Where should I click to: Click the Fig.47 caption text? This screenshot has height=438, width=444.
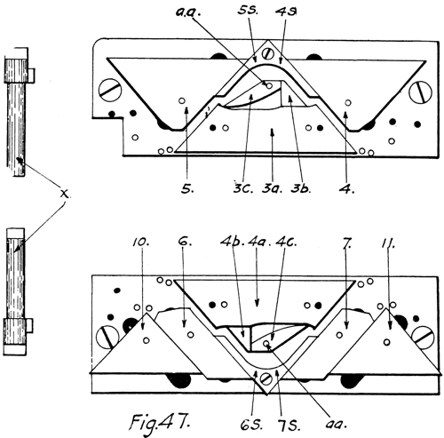[x=160, y=423]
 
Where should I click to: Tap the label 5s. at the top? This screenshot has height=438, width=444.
[x=248, y=12]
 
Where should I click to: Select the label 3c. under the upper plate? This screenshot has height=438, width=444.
[x=242, y=188]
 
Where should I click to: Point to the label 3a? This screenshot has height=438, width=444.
[x=272, y=188]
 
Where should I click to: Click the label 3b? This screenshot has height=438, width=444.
[x=300, y=188]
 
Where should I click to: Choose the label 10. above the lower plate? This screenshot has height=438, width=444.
[x=141, y=242]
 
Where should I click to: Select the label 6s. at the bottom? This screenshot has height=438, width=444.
[x=251, y=425]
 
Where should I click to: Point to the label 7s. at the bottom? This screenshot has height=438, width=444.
[x=289, y=426]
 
